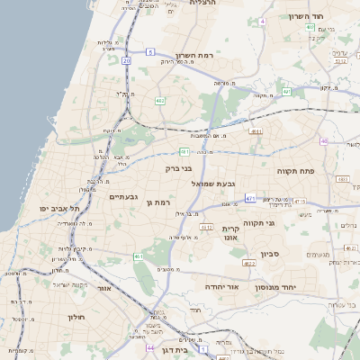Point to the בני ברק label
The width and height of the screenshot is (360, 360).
[x=179, y=167]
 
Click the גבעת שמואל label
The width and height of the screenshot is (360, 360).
[x=213, y=183]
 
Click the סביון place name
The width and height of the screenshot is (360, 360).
[x=271, y=254]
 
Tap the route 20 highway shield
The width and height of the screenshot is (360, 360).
[x=127, y=60]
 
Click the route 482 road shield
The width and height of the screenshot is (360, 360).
[x=159, y=101]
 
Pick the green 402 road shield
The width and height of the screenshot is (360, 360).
[x=310, y=27]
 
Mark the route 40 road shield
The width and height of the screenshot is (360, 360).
[x=325, y=140]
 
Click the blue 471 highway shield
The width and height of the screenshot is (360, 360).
[x=250, y=198]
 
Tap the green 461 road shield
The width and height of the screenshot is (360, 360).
[x=139, y=257]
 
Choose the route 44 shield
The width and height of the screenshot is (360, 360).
[x=149, y=346]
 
